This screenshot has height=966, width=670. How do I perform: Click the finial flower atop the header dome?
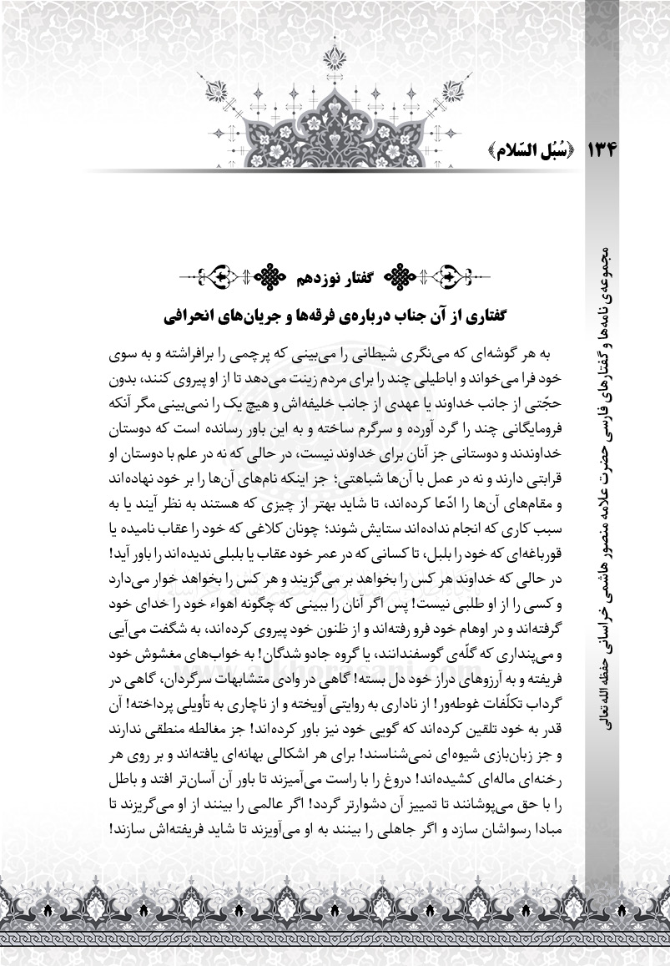tap(335, 58)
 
